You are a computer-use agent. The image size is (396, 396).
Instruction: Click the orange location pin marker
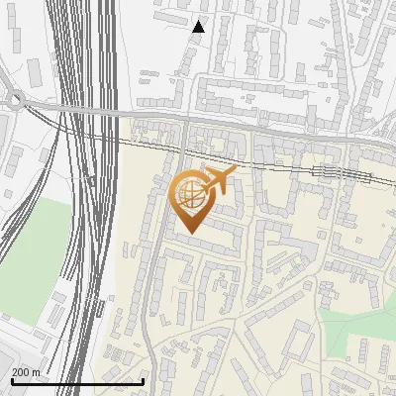tap(190, 198)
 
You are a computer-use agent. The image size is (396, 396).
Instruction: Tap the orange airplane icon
tap(218, 181)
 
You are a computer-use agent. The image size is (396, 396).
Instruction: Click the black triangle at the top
tap(199, 27)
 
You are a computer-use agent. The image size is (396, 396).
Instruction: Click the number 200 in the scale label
tap(21, 371)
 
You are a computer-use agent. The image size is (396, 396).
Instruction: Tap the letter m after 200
tap(37, 371)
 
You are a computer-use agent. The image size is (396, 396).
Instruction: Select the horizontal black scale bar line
tap(77, 381)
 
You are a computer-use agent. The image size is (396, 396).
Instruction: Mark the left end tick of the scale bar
tap(12, 380)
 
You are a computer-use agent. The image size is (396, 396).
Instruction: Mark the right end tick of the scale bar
tap(144, 380)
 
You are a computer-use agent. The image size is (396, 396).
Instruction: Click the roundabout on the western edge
tap(14, 99)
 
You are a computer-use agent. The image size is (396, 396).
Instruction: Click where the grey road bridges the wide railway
tap(89, 110)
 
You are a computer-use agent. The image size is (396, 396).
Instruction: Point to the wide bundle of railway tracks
tap(84, 198)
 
